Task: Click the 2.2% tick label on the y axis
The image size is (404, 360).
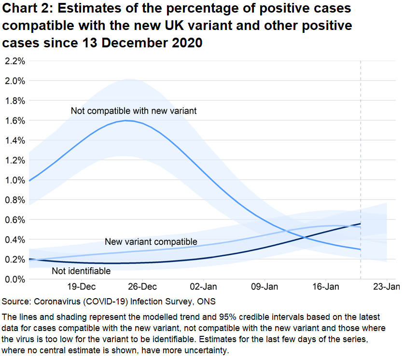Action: [x=14, y=61]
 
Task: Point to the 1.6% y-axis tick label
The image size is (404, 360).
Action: [x=14, y=120]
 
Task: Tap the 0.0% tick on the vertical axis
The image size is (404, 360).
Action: [x=14, y=279]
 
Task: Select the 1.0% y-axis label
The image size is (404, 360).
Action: [x=14, y=180]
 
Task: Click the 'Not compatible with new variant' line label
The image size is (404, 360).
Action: [x=134, y=111]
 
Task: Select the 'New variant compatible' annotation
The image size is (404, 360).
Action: [x=151, y=242]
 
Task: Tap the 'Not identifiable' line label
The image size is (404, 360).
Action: [x=81, y=271]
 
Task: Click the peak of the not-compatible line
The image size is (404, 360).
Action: [x=126, y=120]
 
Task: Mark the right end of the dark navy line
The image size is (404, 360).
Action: [x=361, y=224]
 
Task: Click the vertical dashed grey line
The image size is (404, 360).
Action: [x=361, y=145]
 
